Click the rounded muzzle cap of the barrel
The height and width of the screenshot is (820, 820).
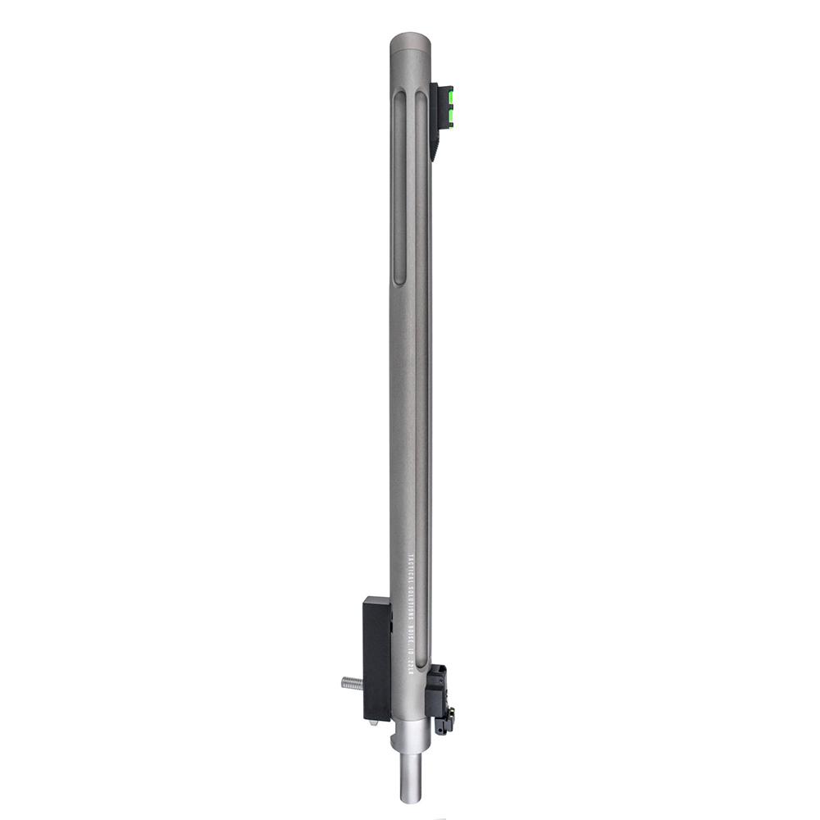point(410,41)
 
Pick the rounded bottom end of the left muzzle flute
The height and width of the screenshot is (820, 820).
point(400,281)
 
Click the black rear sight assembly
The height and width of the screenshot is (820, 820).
point(440,697)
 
